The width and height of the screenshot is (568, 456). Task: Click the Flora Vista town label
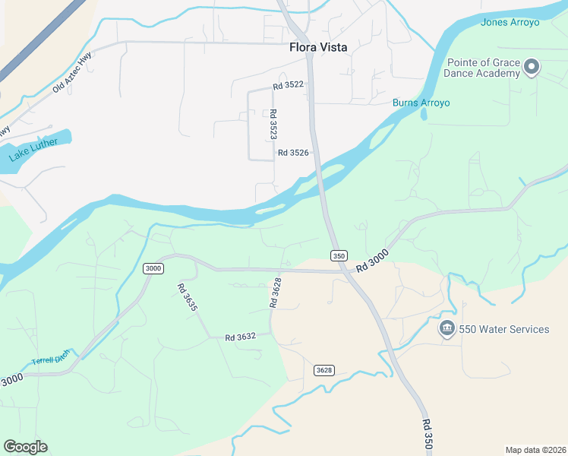[318, 47]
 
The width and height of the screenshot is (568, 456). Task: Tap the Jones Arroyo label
[510, 22]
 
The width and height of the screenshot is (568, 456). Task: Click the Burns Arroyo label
[421, 103]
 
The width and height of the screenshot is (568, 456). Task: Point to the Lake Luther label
[34, 148]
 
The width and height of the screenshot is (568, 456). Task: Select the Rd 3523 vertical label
[273, 124]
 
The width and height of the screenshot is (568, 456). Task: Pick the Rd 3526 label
[293, 153]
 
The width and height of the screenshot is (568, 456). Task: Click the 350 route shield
[339, 256]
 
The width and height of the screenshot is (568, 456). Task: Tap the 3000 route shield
[153, 268]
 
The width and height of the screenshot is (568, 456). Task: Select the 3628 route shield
[324, 370]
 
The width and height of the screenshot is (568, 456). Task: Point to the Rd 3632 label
[240, 337]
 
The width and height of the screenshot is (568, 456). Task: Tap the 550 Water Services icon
[447, 328]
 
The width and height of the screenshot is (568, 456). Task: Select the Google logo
[25, 447]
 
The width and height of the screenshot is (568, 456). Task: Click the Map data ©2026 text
[535, 449]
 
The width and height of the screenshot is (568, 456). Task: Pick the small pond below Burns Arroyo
[423, 115]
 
